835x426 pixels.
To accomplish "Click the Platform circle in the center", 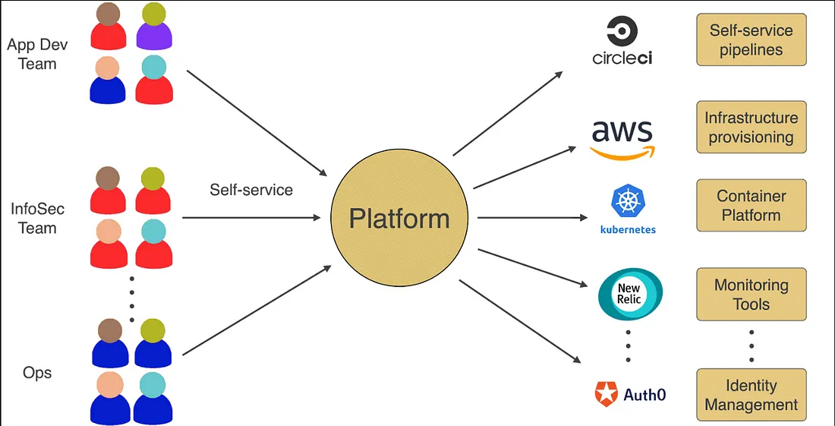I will click(399, 219).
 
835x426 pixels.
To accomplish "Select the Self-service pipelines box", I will click(751, 40).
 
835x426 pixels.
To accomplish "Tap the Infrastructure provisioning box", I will click(751, 128).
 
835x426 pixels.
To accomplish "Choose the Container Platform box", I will click(751, 206).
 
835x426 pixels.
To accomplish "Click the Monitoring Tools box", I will click(751, 295).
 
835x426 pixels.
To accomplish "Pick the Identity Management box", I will click(751, 395).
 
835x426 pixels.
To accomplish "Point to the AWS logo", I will click(622, 138).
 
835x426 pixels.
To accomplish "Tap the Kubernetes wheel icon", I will click(628, 201).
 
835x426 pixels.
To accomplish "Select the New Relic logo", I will click(630, 294).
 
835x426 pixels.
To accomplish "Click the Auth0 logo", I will click(630, 394).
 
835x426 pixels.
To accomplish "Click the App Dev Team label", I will click(37, 54).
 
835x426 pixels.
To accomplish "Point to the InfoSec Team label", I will click(37, 218).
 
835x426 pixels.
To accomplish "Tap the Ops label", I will click(37, 373).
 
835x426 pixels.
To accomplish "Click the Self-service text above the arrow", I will click(251, 190).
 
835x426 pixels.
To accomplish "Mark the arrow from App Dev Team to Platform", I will click(257, 122).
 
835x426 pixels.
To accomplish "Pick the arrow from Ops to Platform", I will click(257, 310).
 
